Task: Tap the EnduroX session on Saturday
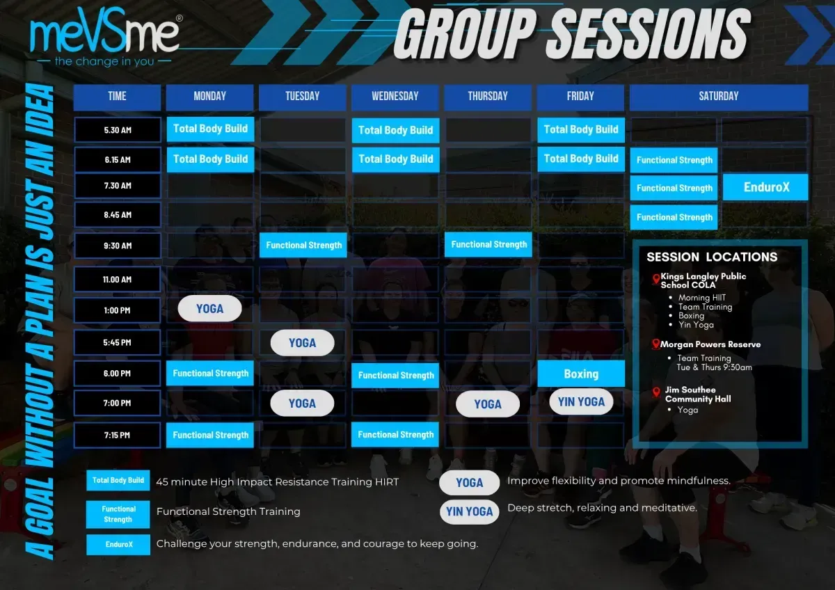point(765,187)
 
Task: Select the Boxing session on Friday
point(581,374)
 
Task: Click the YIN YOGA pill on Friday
point(581,401)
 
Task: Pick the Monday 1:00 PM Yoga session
point(209,309)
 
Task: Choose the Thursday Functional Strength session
point(488,244)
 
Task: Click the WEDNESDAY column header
point(395,97)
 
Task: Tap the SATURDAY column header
point(719,97)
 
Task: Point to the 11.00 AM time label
point(118,279)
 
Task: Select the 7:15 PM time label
point(118,435)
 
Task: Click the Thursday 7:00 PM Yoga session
point(488,404)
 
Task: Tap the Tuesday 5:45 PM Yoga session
point(302,343)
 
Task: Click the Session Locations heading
point(712,257)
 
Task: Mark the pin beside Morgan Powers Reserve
point(655,344)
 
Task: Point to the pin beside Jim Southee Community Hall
point(655,392)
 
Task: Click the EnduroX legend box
point(118,545)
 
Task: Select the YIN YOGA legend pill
point(469,511)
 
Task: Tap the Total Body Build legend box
point(118,480)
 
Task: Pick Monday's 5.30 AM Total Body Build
point(210,129)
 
